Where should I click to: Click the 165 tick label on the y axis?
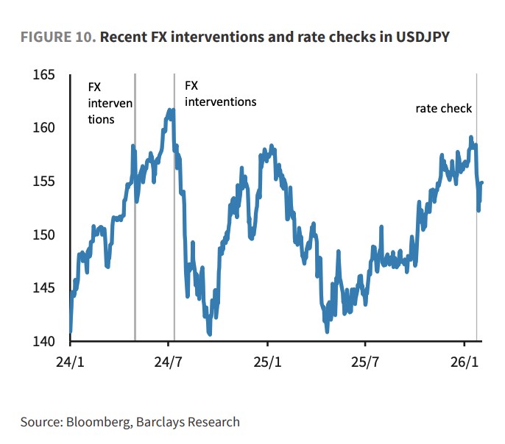(x=45, y=75)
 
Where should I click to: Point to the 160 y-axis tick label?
(x=45, y=128)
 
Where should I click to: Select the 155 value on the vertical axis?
(x=45, y=182)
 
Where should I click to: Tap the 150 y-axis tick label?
(x=45, y=235)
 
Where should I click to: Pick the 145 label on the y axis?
(x=45, y=288)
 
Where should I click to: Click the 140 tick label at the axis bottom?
(x=45, y=342)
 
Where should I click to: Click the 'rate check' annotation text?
(x=443, y=109)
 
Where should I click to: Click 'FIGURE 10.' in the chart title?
(x=57, y=37)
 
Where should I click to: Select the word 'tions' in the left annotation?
(x=102, y=119)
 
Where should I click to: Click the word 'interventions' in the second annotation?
(x=220, y=101)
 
